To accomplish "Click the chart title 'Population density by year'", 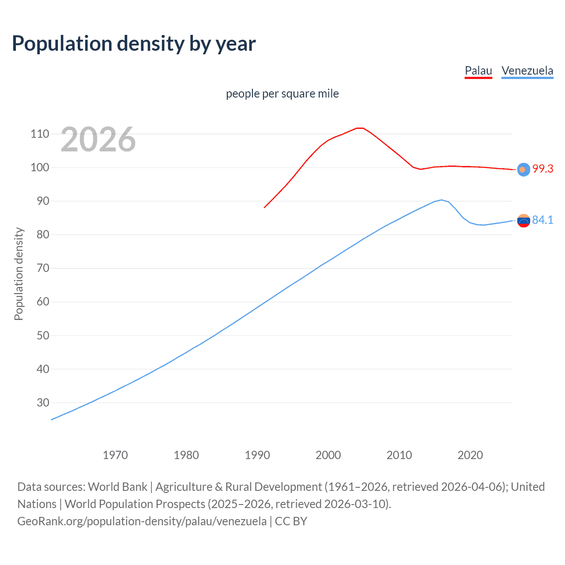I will (x=134, y=44).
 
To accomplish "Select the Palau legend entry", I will (x=478, y=71).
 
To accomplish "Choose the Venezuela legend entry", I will (x=527, y=71).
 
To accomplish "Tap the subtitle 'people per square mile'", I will (x=282, y=94).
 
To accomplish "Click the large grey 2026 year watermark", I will (x=98, y=139).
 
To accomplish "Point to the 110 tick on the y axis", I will (x=40, y=134).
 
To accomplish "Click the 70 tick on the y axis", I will (x=42, y=268).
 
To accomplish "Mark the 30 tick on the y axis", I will (x=42, y=403).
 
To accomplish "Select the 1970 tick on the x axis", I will (x=115, y=455).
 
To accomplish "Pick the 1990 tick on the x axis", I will (x=257, y=455).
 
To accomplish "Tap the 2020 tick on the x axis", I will (x=470, y=455).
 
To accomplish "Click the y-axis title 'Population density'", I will (x=19, y=274).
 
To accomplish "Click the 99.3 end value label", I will (x=542, y=169).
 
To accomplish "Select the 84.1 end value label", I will (x=542, y=220).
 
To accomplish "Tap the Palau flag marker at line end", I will (x=523, y=169).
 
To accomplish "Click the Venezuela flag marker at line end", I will (x=523, y=220).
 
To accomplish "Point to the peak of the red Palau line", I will (x=360, y=128).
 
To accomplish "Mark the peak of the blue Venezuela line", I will (x=441, y=200).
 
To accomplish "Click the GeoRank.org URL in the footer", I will (x=142, y=521).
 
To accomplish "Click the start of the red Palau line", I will (x=264, y=207).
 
